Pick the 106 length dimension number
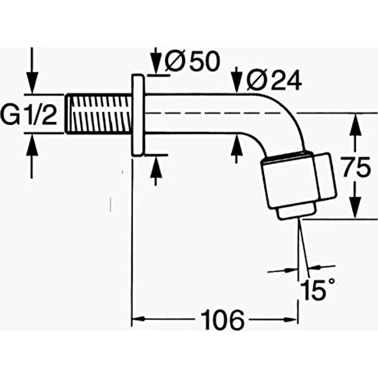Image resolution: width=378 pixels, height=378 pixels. pos(222,322)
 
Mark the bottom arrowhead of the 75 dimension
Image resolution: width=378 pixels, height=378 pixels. pos(354,210)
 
